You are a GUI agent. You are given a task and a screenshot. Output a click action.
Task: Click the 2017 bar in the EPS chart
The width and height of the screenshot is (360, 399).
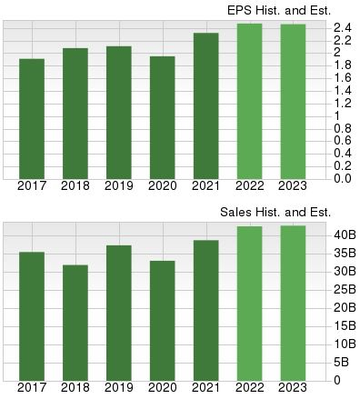point(32,118)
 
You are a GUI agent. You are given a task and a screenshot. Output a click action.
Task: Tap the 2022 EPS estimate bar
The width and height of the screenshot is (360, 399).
point(250,101)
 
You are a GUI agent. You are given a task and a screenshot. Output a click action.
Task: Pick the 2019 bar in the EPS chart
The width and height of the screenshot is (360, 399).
point(119,112)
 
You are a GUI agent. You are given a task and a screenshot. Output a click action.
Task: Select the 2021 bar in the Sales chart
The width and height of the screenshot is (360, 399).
point(206,310)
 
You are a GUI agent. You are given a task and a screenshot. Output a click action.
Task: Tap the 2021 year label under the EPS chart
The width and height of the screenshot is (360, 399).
point(206,186)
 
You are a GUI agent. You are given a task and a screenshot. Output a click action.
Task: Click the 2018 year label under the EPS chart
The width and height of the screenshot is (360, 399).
point(75,186)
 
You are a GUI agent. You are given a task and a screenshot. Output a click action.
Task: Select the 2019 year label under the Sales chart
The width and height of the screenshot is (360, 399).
point(119,388)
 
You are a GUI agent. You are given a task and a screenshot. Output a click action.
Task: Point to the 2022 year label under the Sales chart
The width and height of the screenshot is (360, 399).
point(250,388)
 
